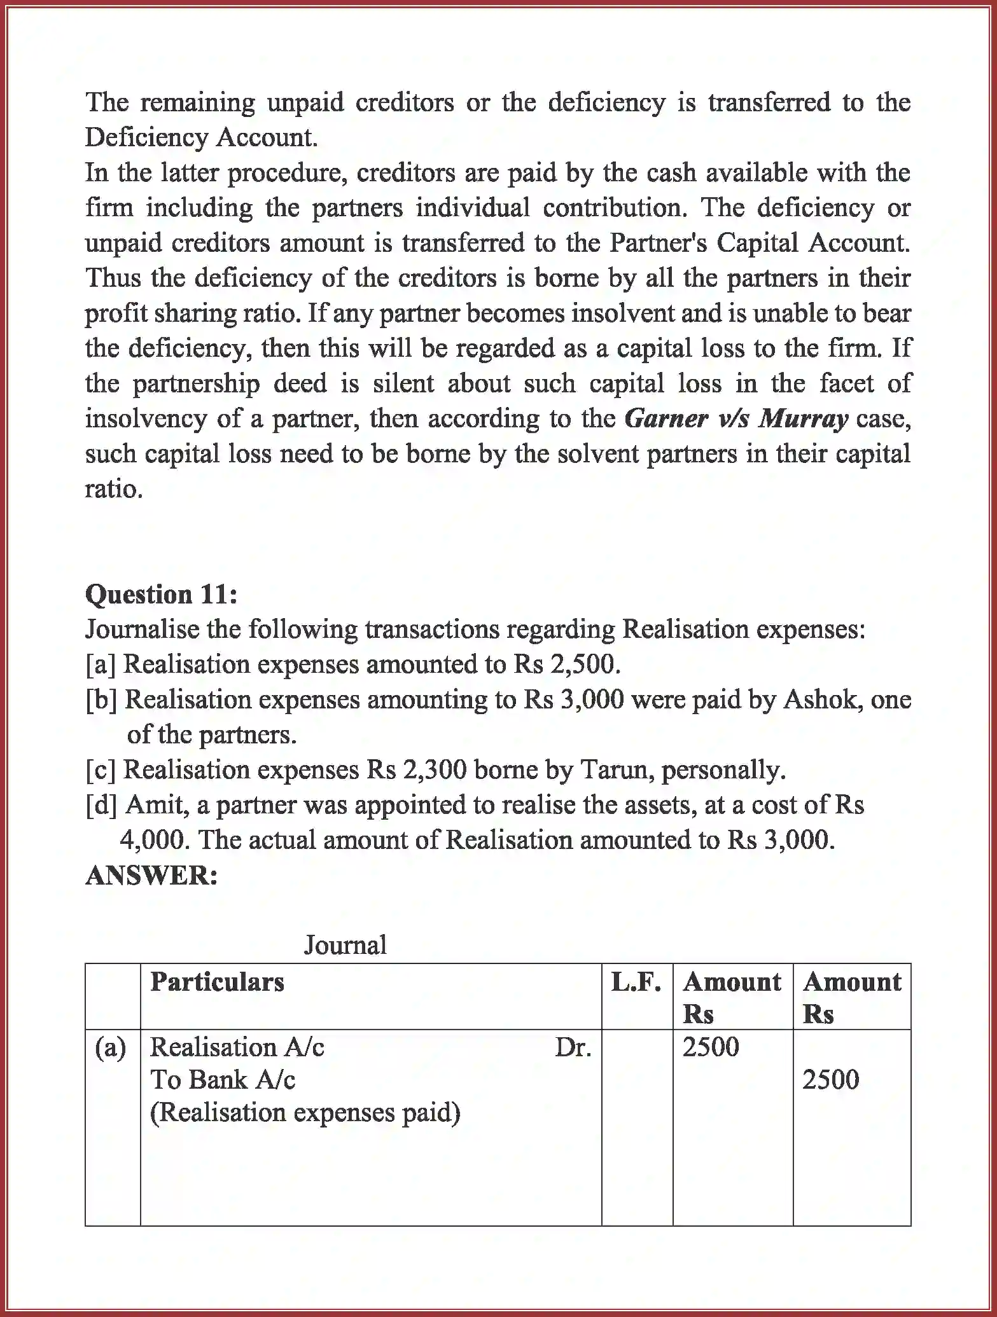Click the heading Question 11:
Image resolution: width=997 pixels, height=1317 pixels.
[x=161, y=595]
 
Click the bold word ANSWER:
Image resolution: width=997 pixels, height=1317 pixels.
[x=151, y=876]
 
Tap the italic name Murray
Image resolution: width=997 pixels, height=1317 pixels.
[x=803, y=418]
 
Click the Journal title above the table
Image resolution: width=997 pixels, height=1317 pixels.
[x=345, y=945]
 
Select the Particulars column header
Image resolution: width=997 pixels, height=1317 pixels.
[x=217, y=982]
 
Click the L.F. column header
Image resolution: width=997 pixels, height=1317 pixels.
[x=636, y=982]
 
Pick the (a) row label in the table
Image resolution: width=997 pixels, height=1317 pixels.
[x=111, y=1047]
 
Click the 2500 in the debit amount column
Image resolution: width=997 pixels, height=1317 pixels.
[x=711, y=1047]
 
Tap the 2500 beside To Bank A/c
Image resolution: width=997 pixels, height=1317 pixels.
[x=830, y=1080]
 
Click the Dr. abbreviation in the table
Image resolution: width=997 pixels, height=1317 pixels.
[x=573, y=1047]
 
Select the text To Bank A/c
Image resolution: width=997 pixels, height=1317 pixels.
[x=223, y=1080]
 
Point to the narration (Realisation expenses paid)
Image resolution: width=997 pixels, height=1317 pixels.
[x=305, y=1112]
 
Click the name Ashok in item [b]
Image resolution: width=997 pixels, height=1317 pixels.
[x=821, y=700]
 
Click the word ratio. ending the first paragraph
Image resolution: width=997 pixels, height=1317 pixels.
[x=114, y=489]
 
